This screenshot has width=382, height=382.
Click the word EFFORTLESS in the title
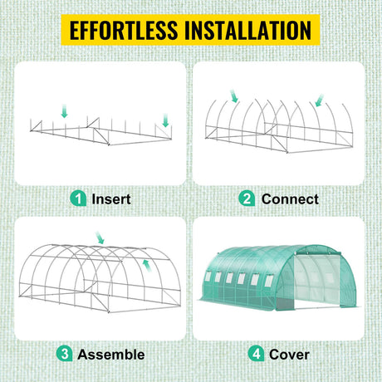(x=124, y=30)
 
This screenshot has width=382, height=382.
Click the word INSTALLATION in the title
(x=247, y=30)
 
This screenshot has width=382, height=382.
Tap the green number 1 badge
(x=78, y=198)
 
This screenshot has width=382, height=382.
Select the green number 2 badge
(x=247, y=198)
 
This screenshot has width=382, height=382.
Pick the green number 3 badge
(x=64, y=354)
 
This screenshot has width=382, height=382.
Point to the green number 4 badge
(x=256, y=354)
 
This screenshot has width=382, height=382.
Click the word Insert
(x=111, y=199)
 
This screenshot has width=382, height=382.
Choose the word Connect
(x=290, y=199)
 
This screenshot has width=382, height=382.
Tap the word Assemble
(x=111, y=355)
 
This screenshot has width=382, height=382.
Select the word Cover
(x=289, y=355)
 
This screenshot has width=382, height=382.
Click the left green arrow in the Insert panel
(x=65, y=110)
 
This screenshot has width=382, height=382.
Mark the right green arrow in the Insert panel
(x=165, y=120)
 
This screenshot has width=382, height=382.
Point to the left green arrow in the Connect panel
(x=234, y=95)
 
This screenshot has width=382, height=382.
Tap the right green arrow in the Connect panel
(x=320, y=100)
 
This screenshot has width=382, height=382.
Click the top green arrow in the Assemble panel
(x=100, y=238)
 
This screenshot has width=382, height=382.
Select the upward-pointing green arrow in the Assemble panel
(x=147, y=266)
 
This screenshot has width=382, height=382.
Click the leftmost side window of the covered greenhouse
(x=208, y=277)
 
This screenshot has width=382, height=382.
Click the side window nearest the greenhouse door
(x=268, y=281)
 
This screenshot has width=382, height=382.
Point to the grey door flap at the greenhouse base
(x=285, y=304)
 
